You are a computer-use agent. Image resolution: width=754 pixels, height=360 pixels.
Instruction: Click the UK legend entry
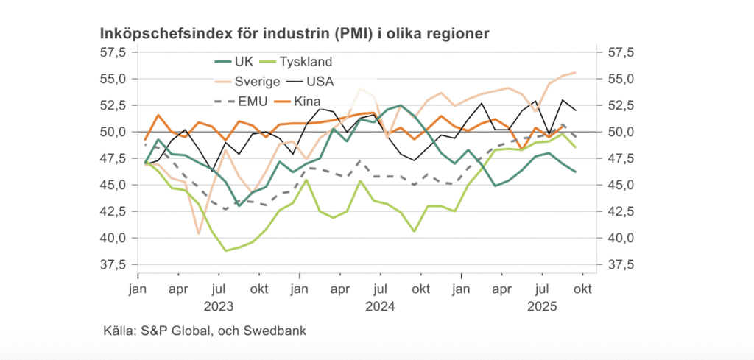(x=244, y=61)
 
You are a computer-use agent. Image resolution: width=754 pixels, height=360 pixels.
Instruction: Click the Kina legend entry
(x=307, y=100)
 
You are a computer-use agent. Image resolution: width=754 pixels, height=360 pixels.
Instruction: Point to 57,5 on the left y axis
(x=111, y=52)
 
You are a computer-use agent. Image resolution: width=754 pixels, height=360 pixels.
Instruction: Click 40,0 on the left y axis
(x=111, y=238)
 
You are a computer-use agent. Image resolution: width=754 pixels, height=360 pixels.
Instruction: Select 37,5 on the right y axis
(x=619, y=264)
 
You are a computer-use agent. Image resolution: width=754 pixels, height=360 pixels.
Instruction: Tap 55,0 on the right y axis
(x=619, y=79)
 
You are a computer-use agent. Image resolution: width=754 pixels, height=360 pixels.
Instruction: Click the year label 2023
(x=219, y=306)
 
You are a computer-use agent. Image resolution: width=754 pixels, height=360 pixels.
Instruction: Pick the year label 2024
(x=381, y=306)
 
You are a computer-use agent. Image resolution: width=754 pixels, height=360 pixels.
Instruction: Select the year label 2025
(x=543, y=306)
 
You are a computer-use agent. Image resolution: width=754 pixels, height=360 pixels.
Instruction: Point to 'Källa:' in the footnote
(x=119, y=331)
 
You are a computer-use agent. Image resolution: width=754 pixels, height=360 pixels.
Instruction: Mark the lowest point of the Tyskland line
(x=226, y=250)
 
